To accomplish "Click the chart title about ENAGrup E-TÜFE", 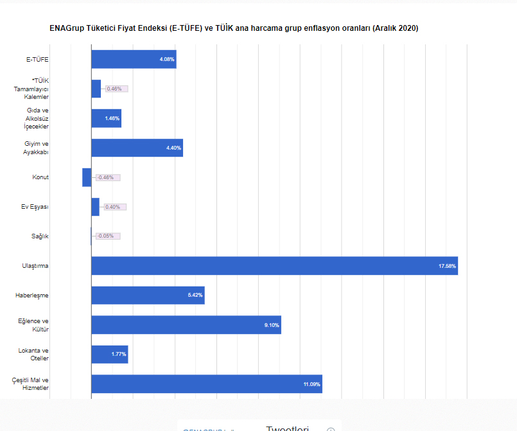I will click(x=234, y=28).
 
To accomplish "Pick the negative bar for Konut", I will click(x=87, y=177).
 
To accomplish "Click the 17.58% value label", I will click(x=447, y=266).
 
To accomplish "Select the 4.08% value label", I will click(x=166, y=59).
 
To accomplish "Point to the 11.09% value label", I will click(x=311, y=384).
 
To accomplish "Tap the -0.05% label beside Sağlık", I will click(x=106, y=236).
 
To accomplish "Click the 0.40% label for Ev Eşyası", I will click(x=113, y=207).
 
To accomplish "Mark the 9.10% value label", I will click(x=272, y=325).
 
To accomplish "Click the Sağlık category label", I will click(x=40, y=236).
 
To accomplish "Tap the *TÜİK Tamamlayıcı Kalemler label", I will click(x=31, y=89).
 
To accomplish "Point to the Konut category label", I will click(x=40, y=177).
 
